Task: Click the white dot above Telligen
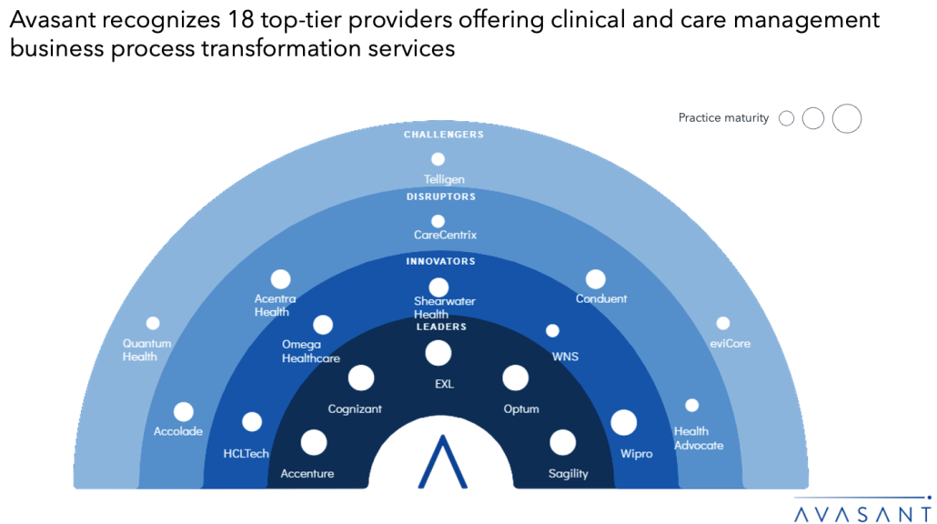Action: coord(438,159)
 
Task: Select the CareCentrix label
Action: coord(445,235)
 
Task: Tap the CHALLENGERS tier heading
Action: coord(443,135)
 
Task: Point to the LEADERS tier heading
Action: coord(441,327)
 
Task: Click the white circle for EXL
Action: coord(438,353)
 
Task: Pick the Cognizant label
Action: coord(355,408)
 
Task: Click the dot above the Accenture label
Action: coord(314,443)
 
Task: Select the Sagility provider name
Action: coord(569,473)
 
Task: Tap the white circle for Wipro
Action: coord(624,422)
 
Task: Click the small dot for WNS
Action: coord(553,330)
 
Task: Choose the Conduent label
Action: coord(601,298)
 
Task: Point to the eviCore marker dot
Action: coord(723,323)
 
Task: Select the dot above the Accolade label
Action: coord(184,412)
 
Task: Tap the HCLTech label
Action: coord(247,453)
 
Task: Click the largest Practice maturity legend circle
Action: coord(847,118)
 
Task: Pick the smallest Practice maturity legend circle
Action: coord(786,118)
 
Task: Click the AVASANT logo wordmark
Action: coord(862,514)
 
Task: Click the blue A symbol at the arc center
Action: coord(442,461)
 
